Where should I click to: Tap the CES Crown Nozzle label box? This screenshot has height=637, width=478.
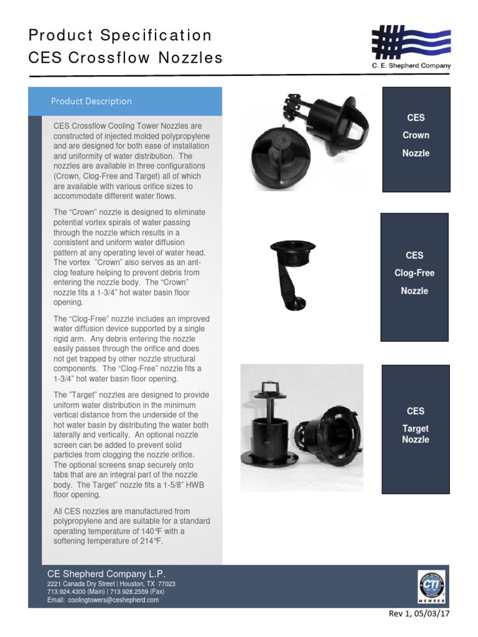[416, 135]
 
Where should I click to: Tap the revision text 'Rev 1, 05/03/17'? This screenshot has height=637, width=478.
[418, 614]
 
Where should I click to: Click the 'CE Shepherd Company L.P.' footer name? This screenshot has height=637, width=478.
[106, 574]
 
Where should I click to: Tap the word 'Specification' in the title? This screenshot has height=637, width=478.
[161, 35]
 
